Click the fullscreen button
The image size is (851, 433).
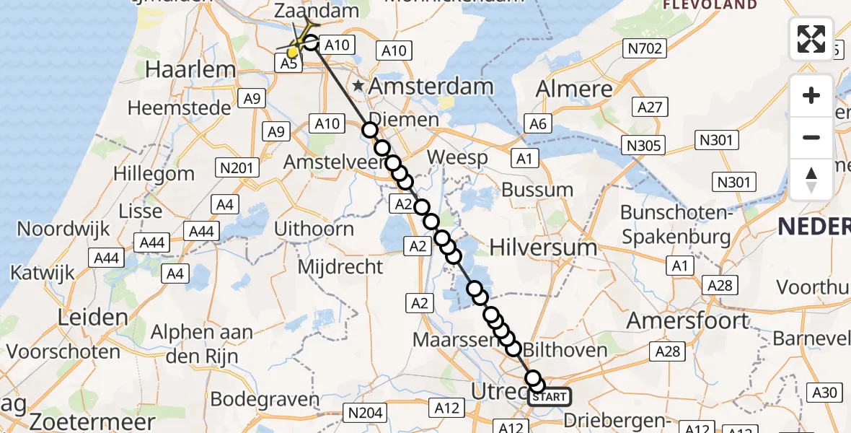click(811, 39)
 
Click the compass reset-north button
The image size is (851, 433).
click(811, 180)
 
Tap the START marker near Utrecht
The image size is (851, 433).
click(550, 396)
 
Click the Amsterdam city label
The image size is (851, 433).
click(431, 87)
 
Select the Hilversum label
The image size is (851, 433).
click(543, 247)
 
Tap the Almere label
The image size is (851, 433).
click(574, 89)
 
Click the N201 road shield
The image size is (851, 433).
click(237, 168)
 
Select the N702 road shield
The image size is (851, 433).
click(645, 49)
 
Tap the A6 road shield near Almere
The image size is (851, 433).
click(539, 124)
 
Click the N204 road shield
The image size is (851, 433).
click(366, 413)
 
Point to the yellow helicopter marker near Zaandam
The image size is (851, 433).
click(293, 53)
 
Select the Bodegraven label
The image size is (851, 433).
click(265, 399)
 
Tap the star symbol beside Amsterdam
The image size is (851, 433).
click(358, 87)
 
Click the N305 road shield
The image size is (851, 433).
click(644, 146)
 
